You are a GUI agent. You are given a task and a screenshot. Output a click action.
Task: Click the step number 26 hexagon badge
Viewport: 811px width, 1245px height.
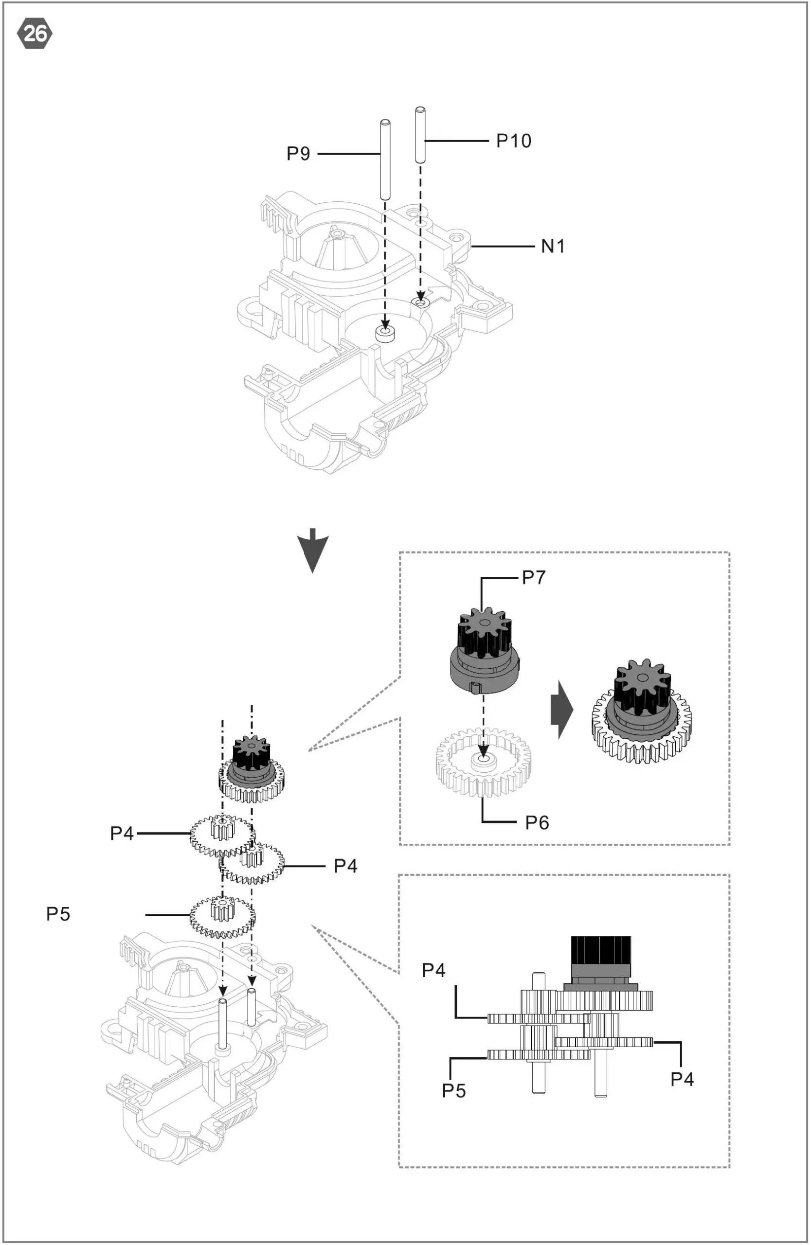[x=35, y=34]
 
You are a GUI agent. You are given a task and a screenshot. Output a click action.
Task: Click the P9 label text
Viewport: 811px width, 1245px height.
[x=298, y=153]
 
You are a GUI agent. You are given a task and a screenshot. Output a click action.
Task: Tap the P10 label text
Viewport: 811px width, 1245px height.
[x=513, y=140]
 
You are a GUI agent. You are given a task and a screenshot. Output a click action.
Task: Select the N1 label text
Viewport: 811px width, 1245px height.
[x=553, y=246]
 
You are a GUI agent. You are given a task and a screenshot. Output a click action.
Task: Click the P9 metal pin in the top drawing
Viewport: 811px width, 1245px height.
[x=385, y=160]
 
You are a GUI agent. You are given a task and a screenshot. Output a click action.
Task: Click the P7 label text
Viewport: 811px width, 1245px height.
[x=534, y=577]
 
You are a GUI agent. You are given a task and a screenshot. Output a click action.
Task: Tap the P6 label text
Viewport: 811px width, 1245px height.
[x=537, y=823]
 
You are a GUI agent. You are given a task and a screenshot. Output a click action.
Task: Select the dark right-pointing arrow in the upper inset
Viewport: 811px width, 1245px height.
[x=562, y=710]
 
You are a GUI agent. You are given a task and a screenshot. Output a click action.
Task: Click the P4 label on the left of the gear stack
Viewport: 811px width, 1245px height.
[x=122, y=833]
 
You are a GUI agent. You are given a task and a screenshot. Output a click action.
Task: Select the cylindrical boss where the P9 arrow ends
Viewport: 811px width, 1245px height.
[x=386, y=334]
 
